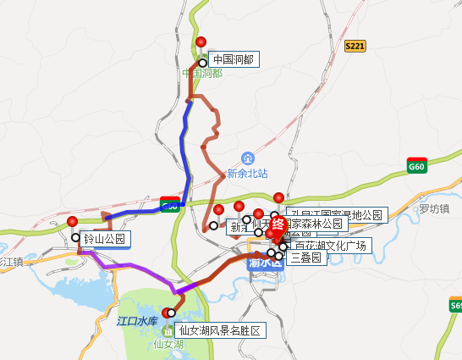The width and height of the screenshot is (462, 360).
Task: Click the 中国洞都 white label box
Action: click(230, 59)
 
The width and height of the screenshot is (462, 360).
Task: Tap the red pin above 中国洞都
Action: click(201, 42)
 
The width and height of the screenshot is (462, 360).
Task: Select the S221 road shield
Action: click(355, 46)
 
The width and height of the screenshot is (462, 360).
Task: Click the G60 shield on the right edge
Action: click(416, 166)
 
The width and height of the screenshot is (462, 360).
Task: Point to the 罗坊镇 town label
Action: click(433, 208)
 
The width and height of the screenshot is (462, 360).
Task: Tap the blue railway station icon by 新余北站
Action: click(247, 158)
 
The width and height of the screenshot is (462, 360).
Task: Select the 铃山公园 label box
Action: click(103, 239)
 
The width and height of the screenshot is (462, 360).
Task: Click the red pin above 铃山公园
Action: click(72, 222)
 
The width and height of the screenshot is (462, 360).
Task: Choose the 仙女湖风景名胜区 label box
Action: click(218, 329)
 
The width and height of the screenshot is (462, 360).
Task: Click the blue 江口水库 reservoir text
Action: click(137, 320)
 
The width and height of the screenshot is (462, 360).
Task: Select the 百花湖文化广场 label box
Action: click(329, 246)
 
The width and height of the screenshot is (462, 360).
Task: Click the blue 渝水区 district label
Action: click(264, 263)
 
